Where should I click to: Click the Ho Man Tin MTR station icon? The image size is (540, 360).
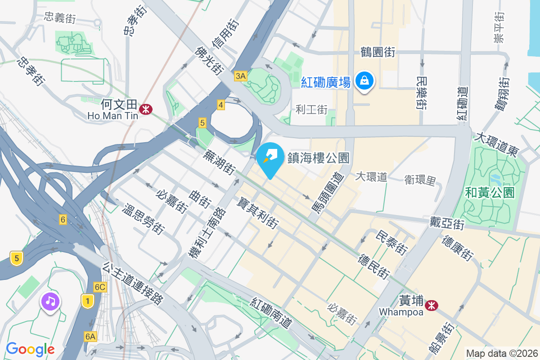(145, 108)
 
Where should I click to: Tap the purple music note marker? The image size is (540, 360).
(50, 301)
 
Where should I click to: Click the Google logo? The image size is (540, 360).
(30, 349)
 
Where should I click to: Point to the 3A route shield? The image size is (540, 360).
(240, 76)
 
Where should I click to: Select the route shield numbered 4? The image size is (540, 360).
(220, 105)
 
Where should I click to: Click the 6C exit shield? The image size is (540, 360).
(100, 287)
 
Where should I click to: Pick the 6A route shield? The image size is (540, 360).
(90, 336)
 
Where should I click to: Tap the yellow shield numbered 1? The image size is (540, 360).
(87, 301)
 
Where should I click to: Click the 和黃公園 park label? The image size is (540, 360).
(490, 193)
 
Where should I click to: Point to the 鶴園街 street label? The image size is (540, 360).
(378, 52)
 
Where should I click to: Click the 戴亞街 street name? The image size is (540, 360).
(446, 222)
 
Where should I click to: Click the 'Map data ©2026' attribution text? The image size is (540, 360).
(502, 353)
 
